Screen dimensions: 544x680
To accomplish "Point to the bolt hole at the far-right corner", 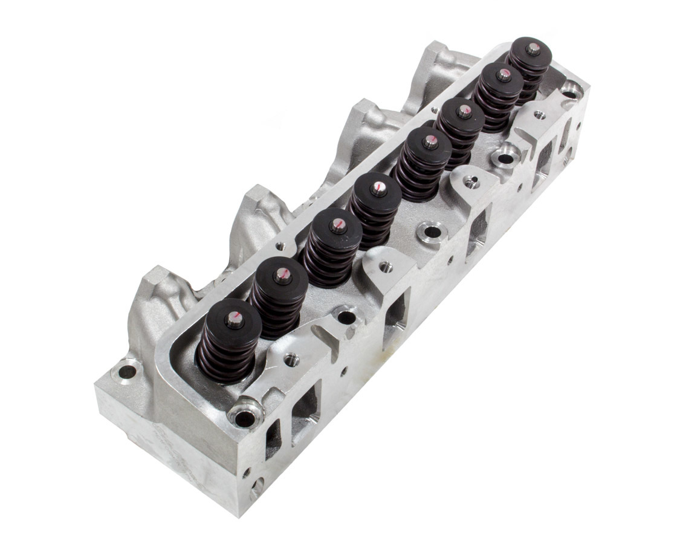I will [x=569, y=88].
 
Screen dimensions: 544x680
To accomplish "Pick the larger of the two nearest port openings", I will [x=303, y=417].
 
